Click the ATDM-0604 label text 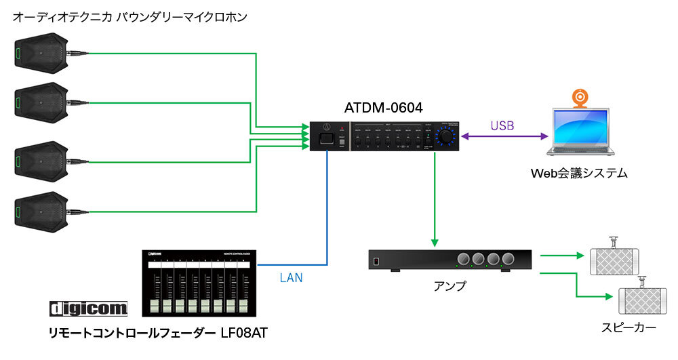(x=383, y=108)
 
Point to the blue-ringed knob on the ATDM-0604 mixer (x=446, y=137)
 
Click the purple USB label (x=502, y=125)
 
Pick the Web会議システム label (x=579, y=174)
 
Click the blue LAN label (x=291, y=277)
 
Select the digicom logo (x=89, y=309)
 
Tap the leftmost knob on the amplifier (x=464, y=259)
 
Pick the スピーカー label (x=629, y=328)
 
